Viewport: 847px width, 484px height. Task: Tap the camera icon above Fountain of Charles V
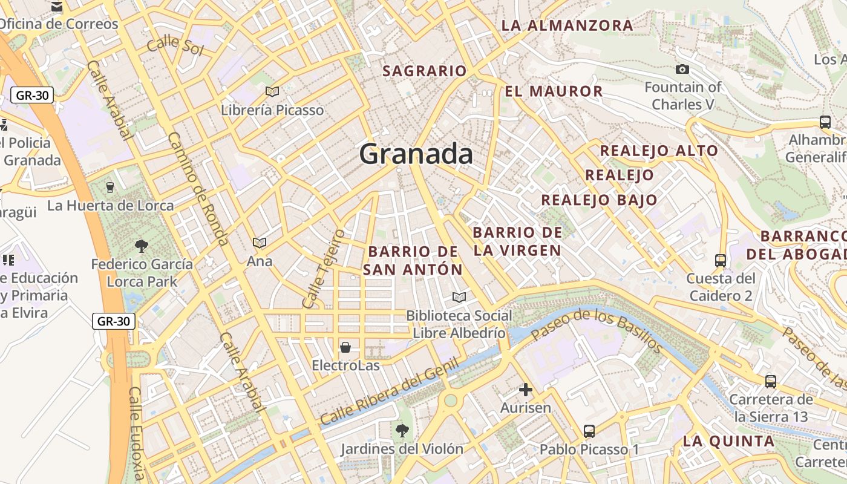(682, 70)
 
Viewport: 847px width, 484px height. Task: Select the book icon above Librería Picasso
(272, 91)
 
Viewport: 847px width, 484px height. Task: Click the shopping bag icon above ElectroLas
(345, 347)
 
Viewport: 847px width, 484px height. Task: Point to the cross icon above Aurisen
(526, 390)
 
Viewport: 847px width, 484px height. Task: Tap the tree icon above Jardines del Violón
(401, 431)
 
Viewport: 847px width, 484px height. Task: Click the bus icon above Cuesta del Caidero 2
(721, 261)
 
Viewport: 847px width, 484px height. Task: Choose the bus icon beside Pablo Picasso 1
(589, 431)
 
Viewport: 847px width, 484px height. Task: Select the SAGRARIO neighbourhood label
(425, 71)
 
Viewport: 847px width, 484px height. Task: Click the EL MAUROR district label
(554, 91)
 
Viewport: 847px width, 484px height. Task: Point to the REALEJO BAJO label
(599, 200)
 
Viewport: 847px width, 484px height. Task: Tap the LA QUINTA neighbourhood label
(728, 441)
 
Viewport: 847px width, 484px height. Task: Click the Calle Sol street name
(175, 45)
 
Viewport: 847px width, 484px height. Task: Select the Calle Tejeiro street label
(323, 267)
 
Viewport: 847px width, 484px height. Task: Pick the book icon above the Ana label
(260, 243)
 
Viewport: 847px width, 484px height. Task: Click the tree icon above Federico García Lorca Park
(142, 246)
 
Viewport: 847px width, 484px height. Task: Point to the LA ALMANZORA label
(567, 25)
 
